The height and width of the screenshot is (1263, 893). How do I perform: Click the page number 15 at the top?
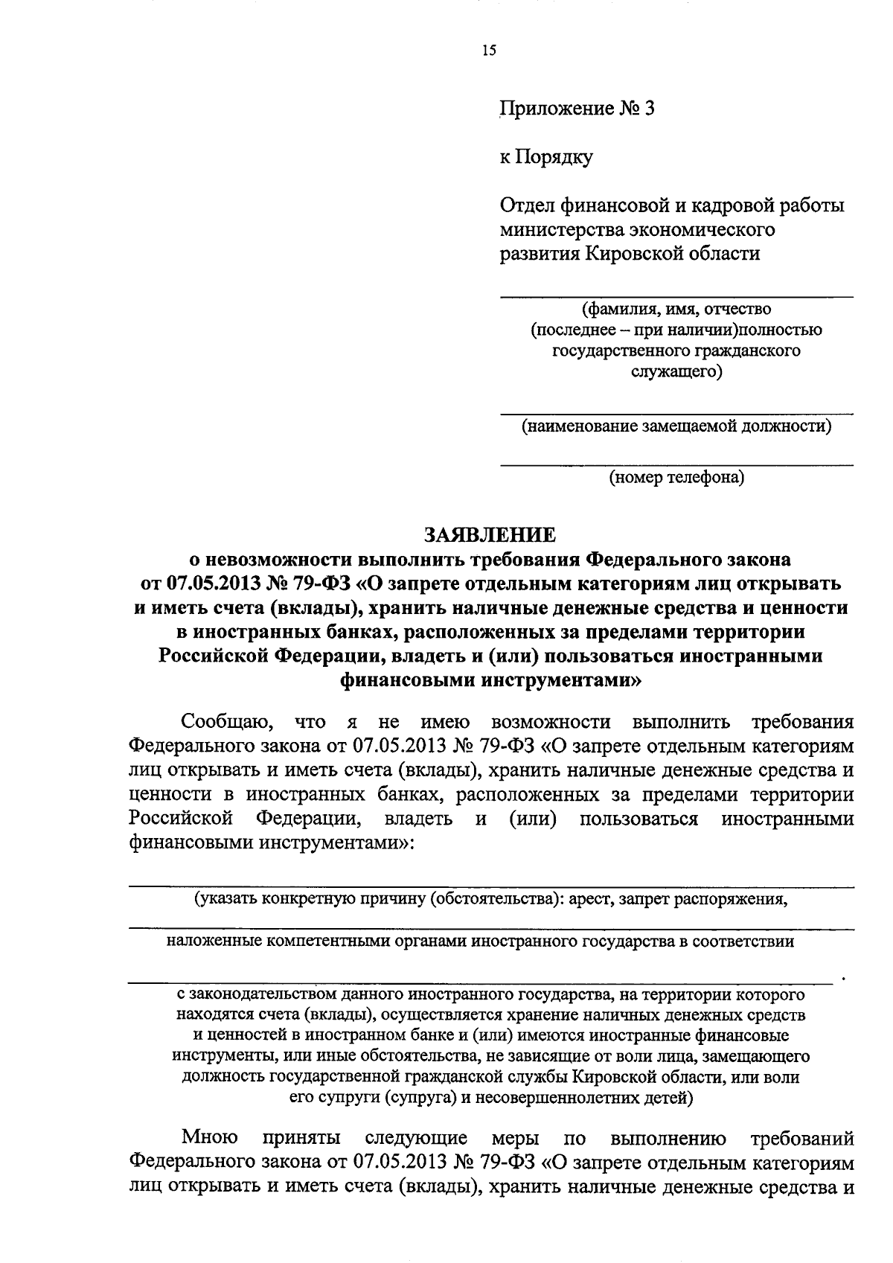[489, 51]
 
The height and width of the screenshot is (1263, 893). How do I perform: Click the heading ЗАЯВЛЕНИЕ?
[489, 535]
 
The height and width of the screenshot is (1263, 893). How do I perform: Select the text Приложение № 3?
[577, 109]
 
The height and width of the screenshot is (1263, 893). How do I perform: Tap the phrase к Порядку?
[545, 158]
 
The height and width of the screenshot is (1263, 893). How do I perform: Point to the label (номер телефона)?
[676, 478]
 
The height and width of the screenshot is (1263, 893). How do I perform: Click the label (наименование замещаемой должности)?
[676, 426]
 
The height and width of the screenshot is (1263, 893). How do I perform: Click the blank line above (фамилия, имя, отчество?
[676, 297]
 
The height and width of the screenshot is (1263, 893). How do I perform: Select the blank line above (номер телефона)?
[676, 465]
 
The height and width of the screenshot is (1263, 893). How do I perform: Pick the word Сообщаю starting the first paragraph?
[220, 722]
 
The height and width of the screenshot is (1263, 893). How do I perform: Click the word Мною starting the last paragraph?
[210, 1159]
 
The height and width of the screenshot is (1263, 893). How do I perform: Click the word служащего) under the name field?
[676, 372]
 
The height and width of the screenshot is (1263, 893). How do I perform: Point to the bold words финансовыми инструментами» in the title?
[490, 680]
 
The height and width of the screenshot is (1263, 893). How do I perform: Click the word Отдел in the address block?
[525, 205]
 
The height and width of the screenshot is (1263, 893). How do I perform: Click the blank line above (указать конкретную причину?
[491, 886]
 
